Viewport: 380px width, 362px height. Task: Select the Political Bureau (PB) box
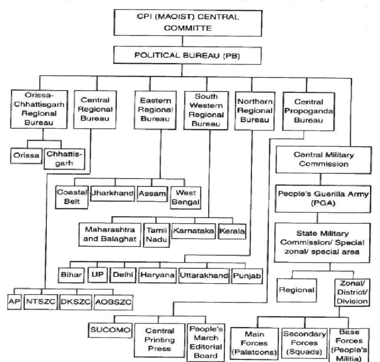182,55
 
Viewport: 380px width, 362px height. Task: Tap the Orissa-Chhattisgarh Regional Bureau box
40,109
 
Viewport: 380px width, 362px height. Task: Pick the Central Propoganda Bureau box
308,111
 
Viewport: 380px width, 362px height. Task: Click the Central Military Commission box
323,160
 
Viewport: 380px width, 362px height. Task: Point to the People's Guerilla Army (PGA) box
323,199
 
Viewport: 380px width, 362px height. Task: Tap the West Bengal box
186,198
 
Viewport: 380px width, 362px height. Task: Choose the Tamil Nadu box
156,235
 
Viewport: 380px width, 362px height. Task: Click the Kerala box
232,231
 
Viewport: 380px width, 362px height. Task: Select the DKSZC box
76,302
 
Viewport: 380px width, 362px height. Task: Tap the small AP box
14,302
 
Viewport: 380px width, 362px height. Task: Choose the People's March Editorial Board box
206,343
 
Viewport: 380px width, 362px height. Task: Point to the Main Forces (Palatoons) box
254,343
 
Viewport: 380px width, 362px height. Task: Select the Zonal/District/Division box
352,292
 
